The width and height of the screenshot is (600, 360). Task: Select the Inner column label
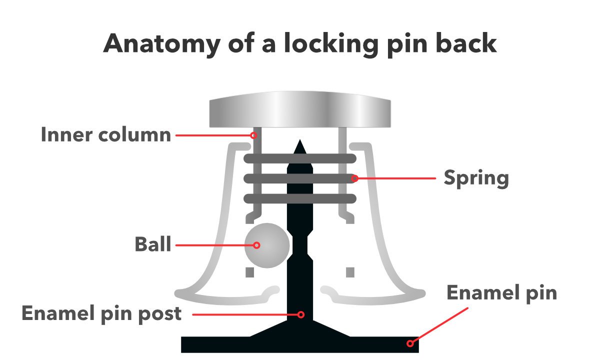tap(106, 135)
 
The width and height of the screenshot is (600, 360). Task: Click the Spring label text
tap(476, 178)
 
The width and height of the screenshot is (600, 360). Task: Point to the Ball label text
tap(153, 245)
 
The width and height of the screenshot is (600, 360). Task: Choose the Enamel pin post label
tap(101, 314)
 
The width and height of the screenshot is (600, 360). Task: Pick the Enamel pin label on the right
tap(501, 293)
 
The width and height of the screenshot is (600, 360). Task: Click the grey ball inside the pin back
tap(267, 245)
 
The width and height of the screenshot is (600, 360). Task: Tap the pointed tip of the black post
tap(299, 146)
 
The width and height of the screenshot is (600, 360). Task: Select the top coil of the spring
tap(299, 159)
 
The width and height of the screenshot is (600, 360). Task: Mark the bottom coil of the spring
tap(299, 198)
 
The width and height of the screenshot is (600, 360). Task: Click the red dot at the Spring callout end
tap(354, 178)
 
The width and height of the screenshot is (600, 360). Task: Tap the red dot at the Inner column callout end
tap(253, 135)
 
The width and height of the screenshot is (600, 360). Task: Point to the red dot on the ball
tap(256, 245)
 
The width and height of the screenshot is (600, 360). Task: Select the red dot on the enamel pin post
tap(301, 314)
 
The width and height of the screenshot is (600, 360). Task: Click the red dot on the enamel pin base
tap(410, 343)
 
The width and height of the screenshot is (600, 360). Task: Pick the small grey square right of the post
tap(350, 272)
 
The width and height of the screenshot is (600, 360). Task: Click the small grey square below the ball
tap(249, 272)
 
